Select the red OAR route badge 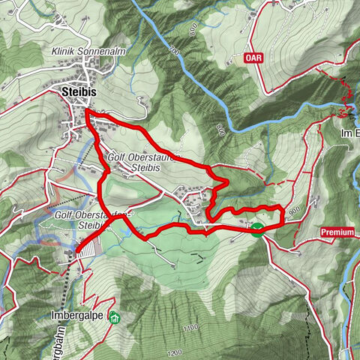point(254,56)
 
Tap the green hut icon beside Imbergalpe point(113,316)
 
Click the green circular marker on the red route point(257,229)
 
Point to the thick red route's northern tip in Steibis point(87,112)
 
